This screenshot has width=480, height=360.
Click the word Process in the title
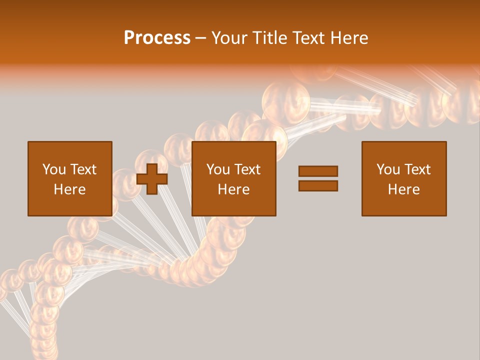157,38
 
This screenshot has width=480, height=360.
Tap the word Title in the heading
270,38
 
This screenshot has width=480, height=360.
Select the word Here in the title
349,38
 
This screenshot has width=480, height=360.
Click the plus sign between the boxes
151,179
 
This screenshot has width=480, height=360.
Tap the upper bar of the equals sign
318,171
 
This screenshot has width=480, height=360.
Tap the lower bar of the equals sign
318,186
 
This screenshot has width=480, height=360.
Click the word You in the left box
53,169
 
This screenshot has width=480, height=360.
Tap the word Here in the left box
69,189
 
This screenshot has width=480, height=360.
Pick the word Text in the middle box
247,169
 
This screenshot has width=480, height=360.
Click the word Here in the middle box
233,189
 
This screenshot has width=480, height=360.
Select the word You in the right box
387,169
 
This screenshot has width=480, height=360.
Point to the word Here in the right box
403,189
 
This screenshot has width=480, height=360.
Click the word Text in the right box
417,169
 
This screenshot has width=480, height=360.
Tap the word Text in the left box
83,169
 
